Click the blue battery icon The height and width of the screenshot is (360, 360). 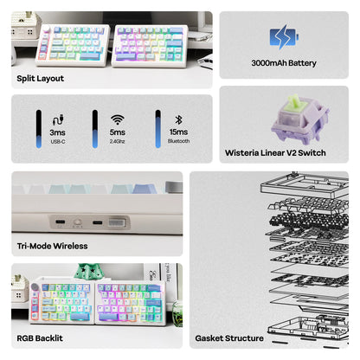(284, 37)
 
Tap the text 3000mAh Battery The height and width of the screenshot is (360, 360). (284, 63)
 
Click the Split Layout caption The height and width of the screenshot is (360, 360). (41, 79)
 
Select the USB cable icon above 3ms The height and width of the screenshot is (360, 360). (58, 119)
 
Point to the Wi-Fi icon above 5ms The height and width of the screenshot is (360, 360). (118, 119)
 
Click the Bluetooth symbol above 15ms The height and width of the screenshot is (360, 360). (178, 119)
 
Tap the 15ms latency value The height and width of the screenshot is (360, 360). (178, 132)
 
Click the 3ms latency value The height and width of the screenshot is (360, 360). (57, 132)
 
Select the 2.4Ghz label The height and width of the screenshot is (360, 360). (117, 141)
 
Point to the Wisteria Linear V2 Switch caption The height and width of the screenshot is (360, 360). (275, 152)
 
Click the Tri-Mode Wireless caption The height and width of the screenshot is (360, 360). (52, 246)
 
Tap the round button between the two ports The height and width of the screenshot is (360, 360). (77, 222)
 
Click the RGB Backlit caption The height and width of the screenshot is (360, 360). (40, 338)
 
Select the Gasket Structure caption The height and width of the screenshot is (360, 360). (229, 338)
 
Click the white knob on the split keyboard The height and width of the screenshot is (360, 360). (47, 29)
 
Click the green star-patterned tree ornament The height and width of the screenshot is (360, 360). (87, 271)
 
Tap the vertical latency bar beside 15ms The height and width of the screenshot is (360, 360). (157, 129)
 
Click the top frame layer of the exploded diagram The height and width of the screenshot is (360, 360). (305, 186)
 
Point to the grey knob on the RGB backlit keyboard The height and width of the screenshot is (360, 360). (35, 287)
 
